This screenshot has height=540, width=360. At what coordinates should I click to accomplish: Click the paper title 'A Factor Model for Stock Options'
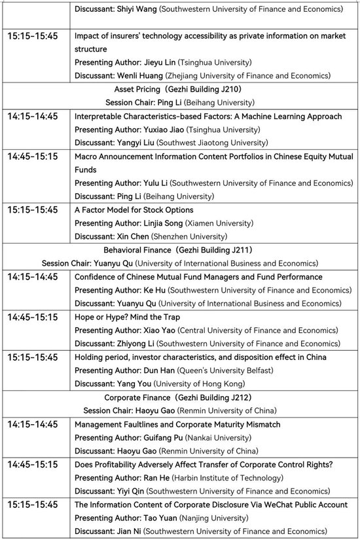134,210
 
